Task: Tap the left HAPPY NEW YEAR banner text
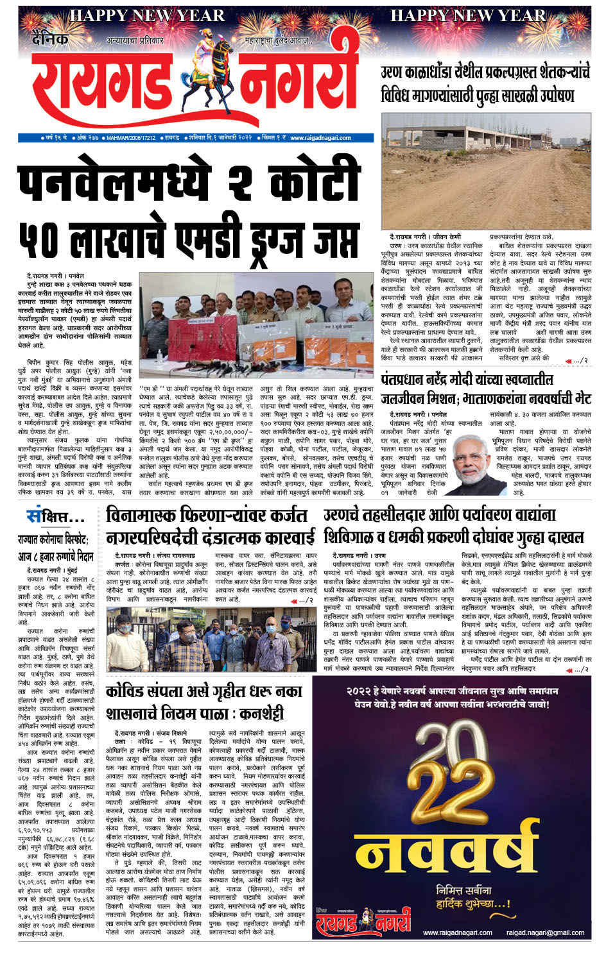coord(146,15)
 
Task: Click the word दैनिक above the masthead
coord(50,39)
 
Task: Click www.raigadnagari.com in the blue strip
coord(320,137)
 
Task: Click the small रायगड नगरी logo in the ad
coord(363,922)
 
